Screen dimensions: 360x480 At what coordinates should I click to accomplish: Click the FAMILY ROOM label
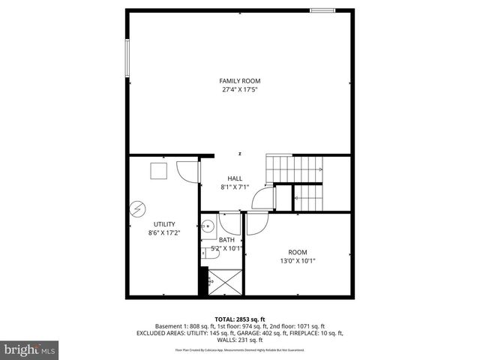239,80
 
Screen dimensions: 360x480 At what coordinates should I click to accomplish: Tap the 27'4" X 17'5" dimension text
239,90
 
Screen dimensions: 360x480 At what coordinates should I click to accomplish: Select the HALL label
235,178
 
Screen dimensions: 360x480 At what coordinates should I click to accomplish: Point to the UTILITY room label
164,224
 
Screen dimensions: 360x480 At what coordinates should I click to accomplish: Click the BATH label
226,239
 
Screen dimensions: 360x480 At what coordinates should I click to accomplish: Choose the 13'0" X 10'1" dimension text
298,261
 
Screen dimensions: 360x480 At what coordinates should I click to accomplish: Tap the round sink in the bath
208,225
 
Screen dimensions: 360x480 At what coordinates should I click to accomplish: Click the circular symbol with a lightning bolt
137,209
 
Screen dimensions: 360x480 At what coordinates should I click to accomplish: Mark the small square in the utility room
159,172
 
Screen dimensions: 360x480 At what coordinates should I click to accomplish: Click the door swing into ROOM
256,223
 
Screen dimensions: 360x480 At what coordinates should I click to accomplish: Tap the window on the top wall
322,10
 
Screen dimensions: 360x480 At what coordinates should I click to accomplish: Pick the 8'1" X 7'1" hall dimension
235,187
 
